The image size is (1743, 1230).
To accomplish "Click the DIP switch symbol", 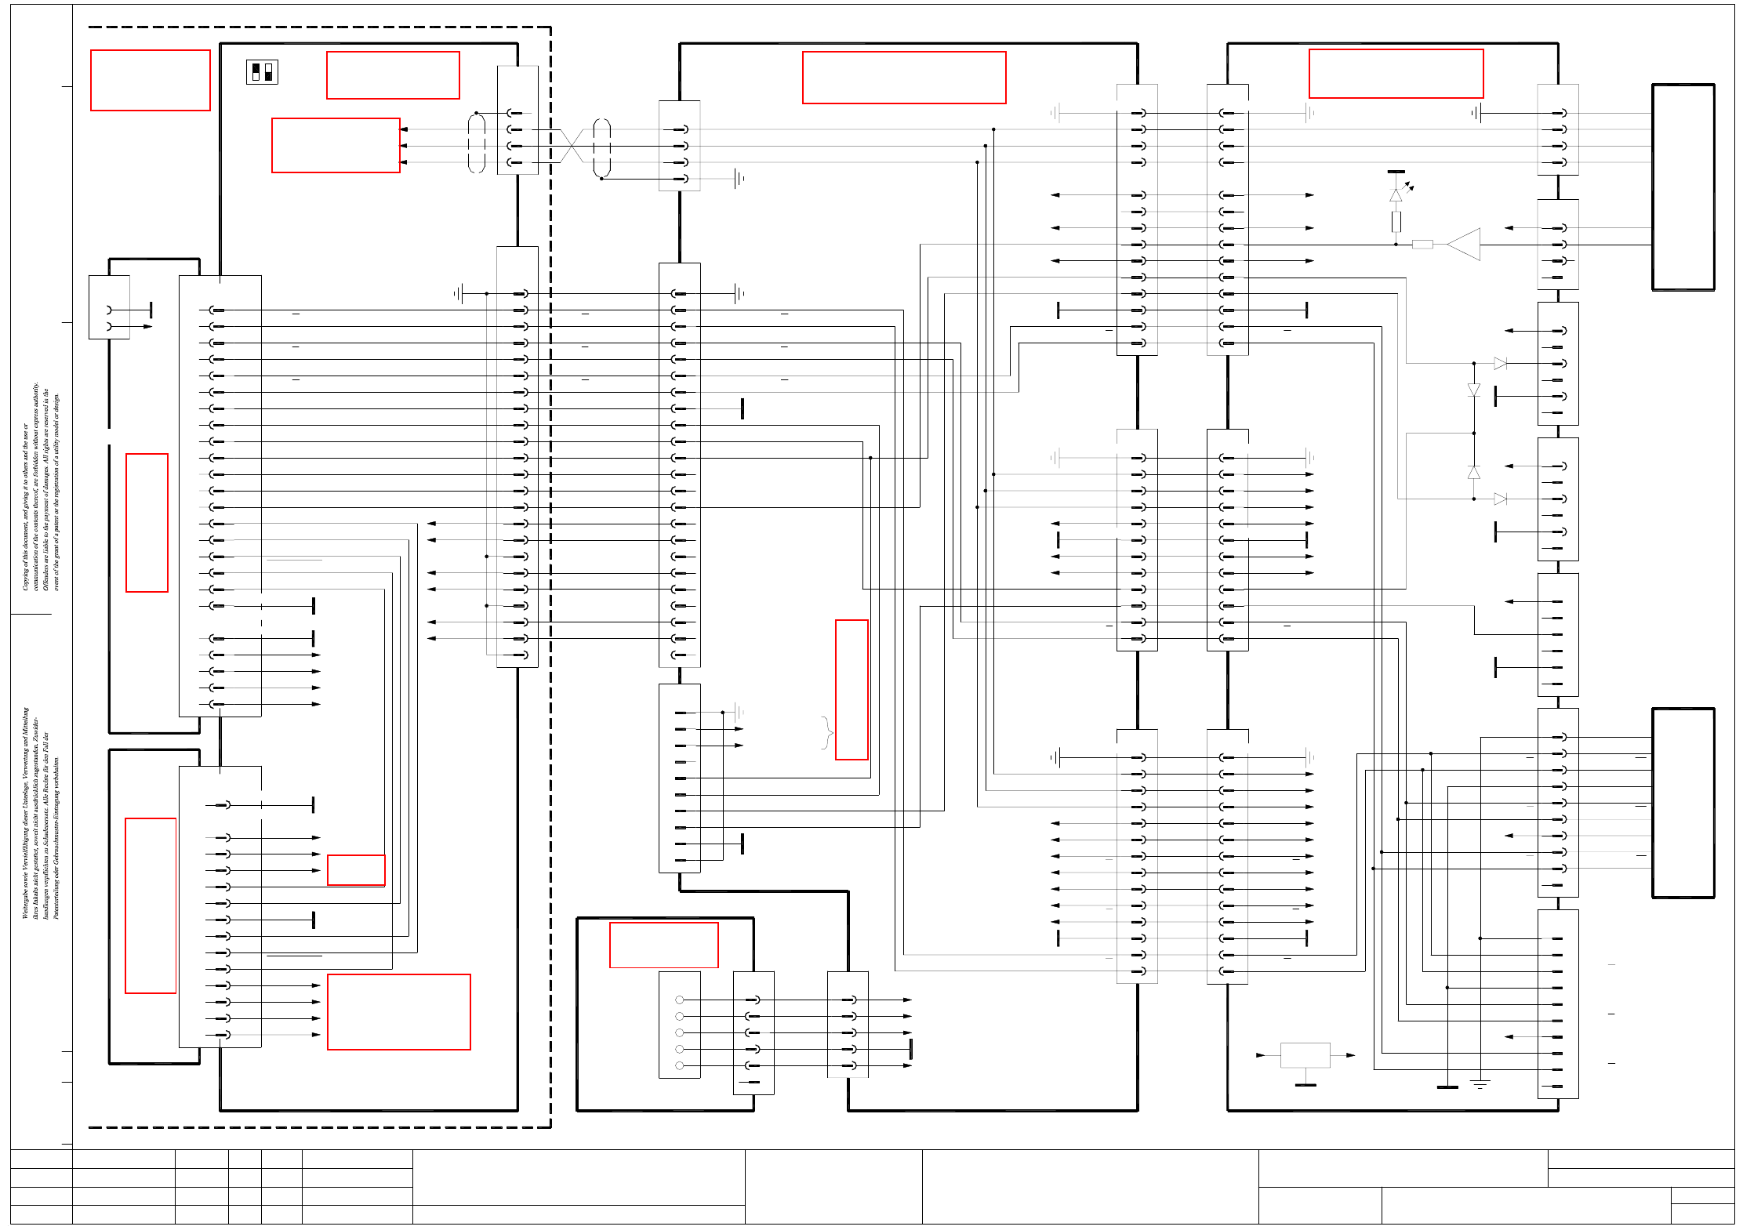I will (262, 72).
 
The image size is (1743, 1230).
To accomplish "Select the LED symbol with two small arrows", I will (1396, 194).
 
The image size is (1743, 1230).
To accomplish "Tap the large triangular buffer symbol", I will (1464, 245).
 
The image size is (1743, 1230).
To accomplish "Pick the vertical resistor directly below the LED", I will (1396, 222).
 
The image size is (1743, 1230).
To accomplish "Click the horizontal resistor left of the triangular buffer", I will (1422, 245).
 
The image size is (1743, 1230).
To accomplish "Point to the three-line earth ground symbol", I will (1480, 1084).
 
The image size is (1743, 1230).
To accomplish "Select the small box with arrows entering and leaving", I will (1305, 1055).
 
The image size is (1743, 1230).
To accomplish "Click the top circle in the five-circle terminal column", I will (679, 1000).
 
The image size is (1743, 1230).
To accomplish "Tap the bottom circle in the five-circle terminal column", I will (679, 1065).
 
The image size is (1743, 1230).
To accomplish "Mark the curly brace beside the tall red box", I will (826, 732).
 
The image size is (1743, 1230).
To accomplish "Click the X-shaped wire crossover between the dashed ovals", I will (572, 146).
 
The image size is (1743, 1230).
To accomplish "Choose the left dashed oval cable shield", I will (477, 143).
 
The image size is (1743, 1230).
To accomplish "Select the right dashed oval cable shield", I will (601, 147).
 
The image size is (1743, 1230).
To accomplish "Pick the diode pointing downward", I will (1474, 390).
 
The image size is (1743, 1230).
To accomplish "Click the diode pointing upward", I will (1474, 473).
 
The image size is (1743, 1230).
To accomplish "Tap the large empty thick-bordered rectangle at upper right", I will (1683, 187).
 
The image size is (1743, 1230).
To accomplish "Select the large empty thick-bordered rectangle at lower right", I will (1683, 803).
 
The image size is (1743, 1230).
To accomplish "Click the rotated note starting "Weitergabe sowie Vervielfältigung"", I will (40, 813).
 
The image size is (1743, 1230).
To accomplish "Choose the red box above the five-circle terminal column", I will (663, 945).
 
